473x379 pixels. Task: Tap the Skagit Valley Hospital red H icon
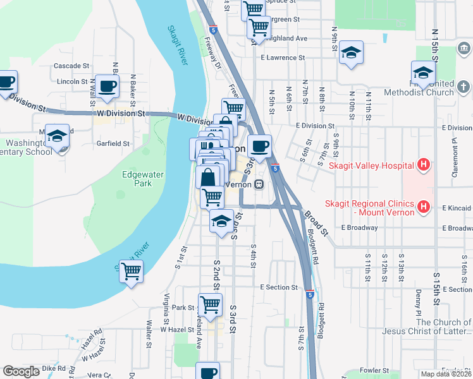click(424, 166)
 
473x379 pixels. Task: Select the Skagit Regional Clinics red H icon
click(424, 207)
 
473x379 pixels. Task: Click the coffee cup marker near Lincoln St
click(106, 85)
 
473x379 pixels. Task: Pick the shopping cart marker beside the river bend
click(131, 272)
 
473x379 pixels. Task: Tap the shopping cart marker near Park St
click(211, 304)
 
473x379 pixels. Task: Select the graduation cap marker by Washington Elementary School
click(58, 136)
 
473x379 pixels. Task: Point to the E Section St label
click(279, 287)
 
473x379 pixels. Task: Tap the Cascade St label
click(71, 66)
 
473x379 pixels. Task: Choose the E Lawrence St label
click(283, 57)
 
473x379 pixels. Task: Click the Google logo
click(21, 371)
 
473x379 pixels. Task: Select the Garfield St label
click(113, 143)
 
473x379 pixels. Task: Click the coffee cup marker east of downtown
click(259, 147)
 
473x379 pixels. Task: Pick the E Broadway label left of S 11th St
click(359, 227)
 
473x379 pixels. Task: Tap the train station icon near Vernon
click(259, 184)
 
